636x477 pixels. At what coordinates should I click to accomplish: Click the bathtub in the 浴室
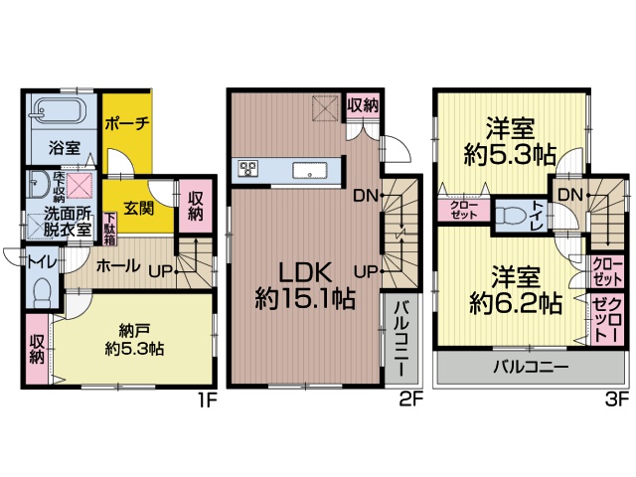pyautogui.click(x=61, y=109)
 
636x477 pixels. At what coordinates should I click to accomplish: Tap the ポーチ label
pyautogui.click(x=127, y=123)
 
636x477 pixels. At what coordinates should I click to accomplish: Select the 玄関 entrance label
pyautogui.click(x=138, y=209)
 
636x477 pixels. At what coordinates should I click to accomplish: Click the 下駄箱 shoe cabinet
pyautogui.click(x=110, y=229)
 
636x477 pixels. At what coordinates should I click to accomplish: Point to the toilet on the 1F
pyautogui.click(x=42, y=290)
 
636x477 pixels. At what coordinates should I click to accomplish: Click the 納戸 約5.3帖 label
pyautogui.click(x=134, y=340)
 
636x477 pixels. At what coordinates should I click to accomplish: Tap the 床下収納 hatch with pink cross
pyautogui.click(x=79, y=186)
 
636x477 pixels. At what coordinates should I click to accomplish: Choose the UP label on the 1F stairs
pyautogui.click(x=161, y=271)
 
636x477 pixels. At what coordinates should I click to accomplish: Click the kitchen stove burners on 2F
pyautogui.click(x=247, y=168)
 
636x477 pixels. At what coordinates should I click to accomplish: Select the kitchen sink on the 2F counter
pyautogui.click(x=310, y=170)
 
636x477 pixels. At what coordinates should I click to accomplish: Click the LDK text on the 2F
pyautogui.click(x=306, y=273)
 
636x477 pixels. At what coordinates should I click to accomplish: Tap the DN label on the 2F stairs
pyautogui.click(x=366, y=196)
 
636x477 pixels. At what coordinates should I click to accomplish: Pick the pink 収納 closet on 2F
pyautogui.click(x=363, y=106)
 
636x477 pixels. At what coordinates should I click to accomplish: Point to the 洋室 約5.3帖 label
pyautogui.click(x=510, y=141)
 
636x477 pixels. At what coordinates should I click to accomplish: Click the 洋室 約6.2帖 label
pyautogui.click(x=516, y=289)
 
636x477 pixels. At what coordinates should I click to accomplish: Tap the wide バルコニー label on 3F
pyautogui.click(x=531, y=368)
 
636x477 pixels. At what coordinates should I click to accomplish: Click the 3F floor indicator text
pyautogui.click(x=617, y=399)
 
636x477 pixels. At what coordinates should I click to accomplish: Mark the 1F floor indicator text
pyautogui.click(x=208, y=400)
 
